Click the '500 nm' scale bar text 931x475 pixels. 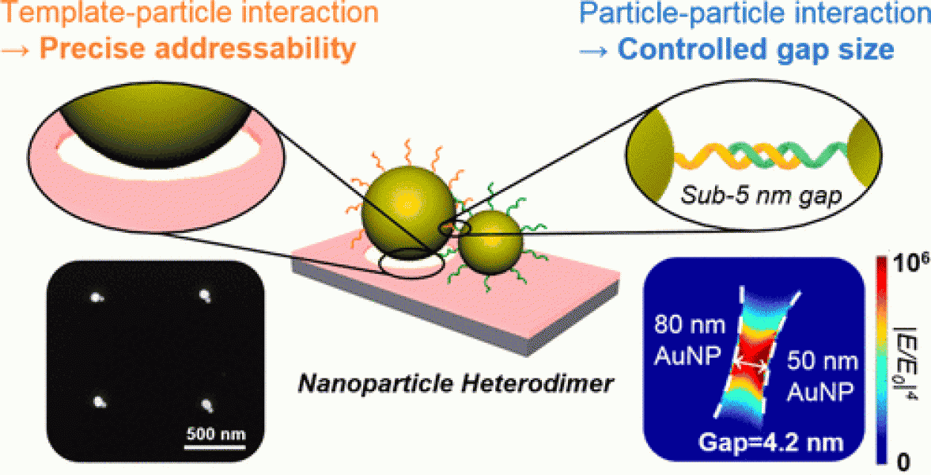[215, 434]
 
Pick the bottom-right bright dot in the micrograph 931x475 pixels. [210, 406]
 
